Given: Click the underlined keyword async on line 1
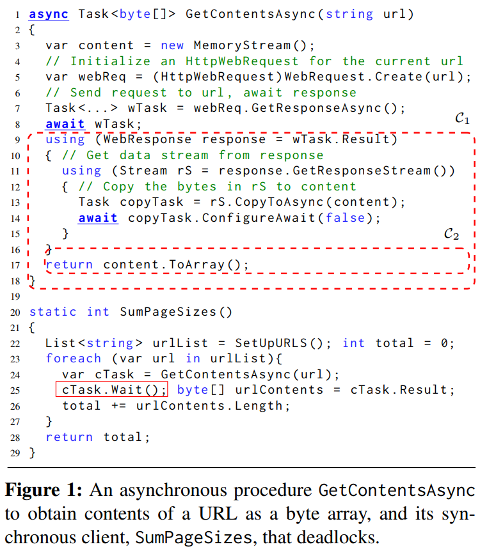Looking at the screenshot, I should (x=49, y=13).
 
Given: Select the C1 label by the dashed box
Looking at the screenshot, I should (x=461, y=119).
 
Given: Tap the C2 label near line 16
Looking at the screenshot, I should (x=451, y=235).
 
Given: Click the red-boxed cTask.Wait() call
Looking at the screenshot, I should (x=111, y=390).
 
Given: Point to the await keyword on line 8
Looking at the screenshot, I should (x=65, y=123).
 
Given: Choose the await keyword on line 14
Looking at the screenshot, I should (x=98, y=218).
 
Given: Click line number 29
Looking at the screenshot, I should (x=16, y=452).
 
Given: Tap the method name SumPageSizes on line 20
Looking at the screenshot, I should (x=169, y=312).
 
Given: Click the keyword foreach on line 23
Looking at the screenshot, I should (x=73, y=359).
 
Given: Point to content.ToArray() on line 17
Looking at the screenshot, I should (x=175, y=265).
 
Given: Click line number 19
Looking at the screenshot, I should (x=16, y=296).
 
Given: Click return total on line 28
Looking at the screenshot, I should (x=97, y=437).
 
